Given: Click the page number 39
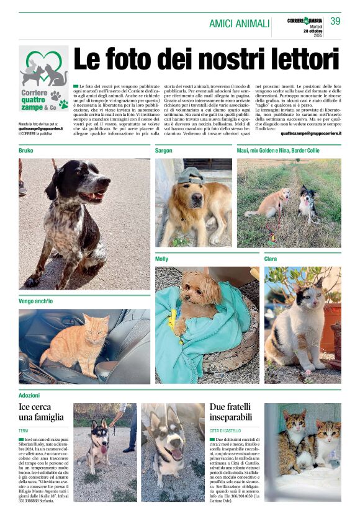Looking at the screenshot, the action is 335,21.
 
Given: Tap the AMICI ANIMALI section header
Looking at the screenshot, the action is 239,24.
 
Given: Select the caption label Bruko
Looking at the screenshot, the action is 26,150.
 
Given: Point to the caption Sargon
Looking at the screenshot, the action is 164,150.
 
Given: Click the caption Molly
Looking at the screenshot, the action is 161,259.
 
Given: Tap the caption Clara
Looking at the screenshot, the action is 271,259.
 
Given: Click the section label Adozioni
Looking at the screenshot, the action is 29,394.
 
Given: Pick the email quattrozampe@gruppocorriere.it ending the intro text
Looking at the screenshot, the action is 311,133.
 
